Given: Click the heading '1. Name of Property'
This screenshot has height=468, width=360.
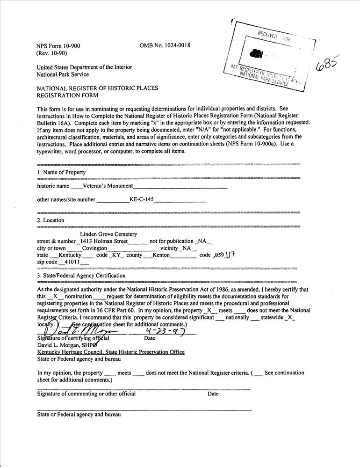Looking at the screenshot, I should pyautogui.click(x=61, y=172).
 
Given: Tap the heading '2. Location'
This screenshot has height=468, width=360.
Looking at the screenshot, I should pyautogui.click(x=51, y=220).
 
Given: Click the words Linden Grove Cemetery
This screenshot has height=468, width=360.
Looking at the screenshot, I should pyautogui.click(x=108, y=234).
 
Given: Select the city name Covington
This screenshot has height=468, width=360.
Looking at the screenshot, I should pyautogui.click(x=94, y=248).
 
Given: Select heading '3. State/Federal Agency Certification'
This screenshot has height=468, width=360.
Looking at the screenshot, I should pyautogui.click(x=81, y=276).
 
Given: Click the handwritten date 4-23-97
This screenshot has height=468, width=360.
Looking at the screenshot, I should pyautogui.click(x=165, y=331).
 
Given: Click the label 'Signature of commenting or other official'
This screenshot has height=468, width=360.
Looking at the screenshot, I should pyautogui.click(x=86, y=394).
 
